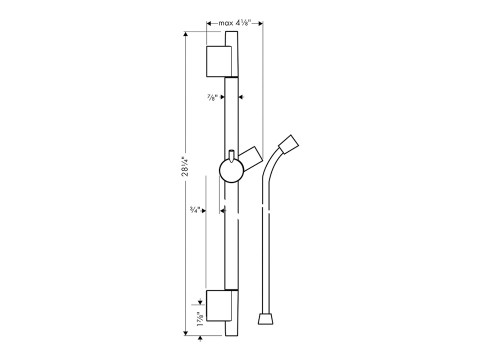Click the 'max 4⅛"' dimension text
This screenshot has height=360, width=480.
coord(235,23)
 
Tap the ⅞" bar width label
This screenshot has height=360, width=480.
coord(212,98)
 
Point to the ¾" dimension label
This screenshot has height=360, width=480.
coord(195,210)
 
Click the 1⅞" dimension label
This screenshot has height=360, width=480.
coord(201,319)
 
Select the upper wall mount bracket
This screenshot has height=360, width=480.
coord(219,61)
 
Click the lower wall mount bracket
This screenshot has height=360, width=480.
coord(219,306)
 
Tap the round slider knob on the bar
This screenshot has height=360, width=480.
coord(232,170)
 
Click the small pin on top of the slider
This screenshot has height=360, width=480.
coord(232,155)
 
